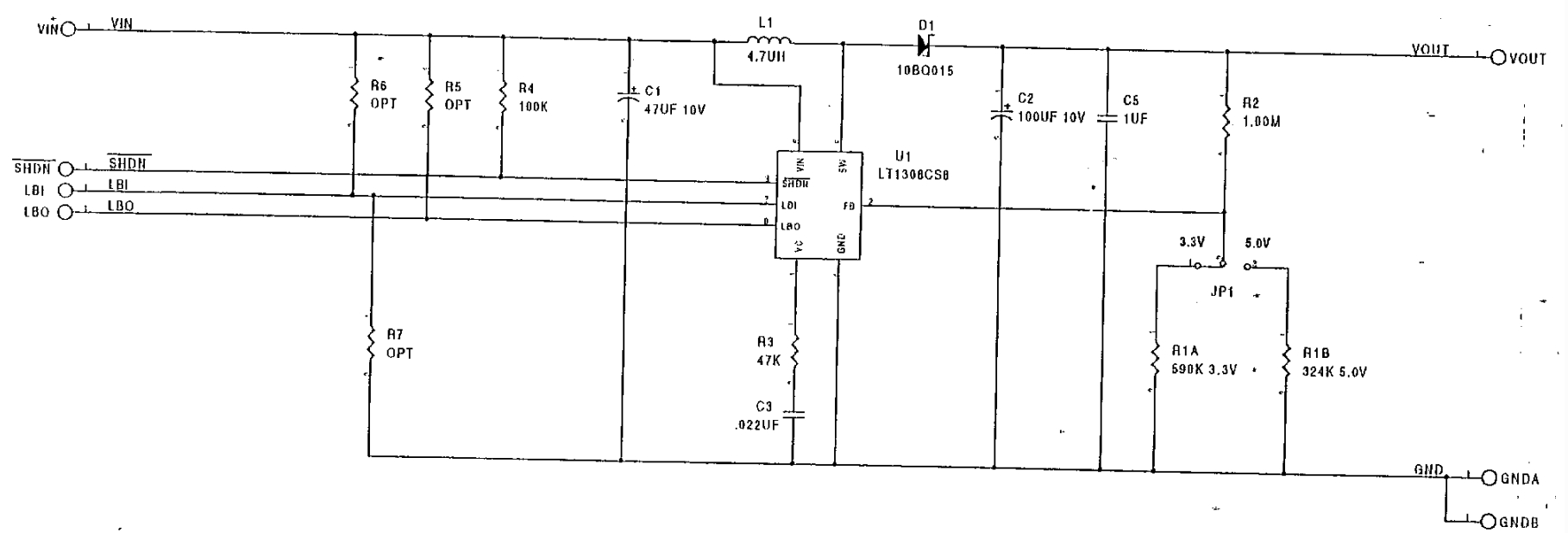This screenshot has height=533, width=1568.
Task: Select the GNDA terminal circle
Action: pyautogui.click(x=1489, y=478)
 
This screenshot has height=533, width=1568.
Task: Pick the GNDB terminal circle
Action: pyautogui.click(x=1489, y=521)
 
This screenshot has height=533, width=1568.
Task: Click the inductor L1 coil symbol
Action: pyautogui.click(x=769, y=40)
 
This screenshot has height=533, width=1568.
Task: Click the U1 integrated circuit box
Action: pyautogui.click(x=818, y=204)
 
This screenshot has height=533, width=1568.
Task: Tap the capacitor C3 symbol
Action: pyautogui.click(x=793, y=417)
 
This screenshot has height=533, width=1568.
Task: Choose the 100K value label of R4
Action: pyautogui.click(x=532, y=108)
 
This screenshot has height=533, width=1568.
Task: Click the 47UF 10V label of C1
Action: pyautogui.click(x=674, y=110)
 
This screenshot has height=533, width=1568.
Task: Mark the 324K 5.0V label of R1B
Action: pyautogui.click(x=1334, y=373)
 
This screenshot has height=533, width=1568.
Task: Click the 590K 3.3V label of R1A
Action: pyautogui.click(x=1204, y=370)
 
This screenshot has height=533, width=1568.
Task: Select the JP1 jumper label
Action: pyautogui.click(x=1222, y=292)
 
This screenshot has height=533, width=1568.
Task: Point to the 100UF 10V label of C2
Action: pyautogui.click(x=1051, y=117)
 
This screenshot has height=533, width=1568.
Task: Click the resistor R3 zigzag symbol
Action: pyautogui.click(x=794, y=352)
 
